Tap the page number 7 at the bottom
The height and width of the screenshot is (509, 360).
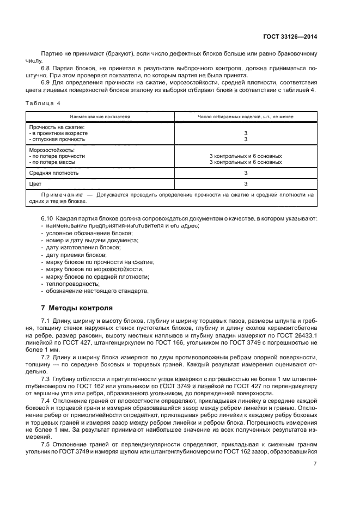[315, 463]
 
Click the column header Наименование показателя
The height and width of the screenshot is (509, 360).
[99, 116]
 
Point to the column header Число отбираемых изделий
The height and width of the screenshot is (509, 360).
[246, 116]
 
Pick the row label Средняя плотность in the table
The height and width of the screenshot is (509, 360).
[53, 173]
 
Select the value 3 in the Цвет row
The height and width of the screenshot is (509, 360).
[246, 184]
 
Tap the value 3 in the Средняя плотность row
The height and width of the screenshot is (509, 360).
[246, 173]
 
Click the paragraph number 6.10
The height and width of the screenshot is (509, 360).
[47, 218]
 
